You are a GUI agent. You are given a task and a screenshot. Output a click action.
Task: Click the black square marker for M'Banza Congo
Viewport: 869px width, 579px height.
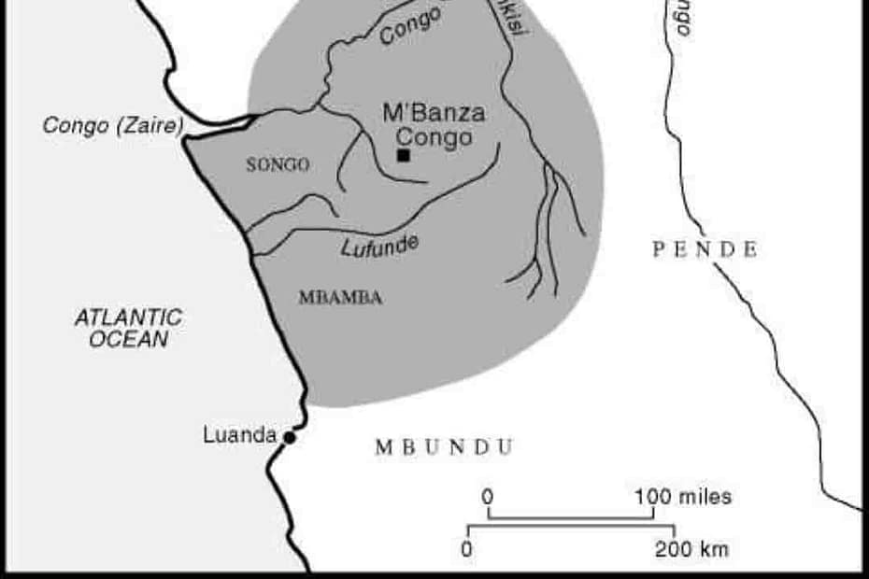point(404,155)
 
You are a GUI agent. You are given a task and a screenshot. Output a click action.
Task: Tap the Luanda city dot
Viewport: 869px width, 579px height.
point(290,437)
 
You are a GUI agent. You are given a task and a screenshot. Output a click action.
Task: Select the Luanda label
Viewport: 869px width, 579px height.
point(239,435)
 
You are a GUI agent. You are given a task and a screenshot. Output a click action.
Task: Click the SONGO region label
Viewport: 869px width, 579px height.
point(278,165)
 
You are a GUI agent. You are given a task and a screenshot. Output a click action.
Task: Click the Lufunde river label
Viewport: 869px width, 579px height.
point(379,246)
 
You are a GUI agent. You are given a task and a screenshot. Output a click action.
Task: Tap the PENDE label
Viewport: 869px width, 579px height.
point(705,249)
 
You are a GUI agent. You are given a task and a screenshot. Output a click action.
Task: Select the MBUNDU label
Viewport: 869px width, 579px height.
point(444,447)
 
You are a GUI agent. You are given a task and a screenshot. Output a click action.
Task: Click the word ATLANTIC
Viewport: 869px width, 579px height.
point(129,318)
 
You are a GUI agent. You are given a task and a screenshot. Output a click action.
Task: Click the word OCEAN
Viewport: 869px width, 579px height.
point(129,339)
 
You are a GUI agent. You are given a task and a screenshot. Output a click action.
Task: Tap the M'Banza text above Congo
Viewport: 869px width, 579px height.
point(434,114)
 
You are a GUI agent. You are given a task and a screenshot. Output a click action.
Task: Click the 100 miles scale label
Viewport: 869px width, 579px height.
point(682,496)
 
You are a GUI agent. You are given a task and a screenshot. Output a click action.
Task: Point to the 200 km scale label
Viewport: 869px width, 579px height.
point(691,549)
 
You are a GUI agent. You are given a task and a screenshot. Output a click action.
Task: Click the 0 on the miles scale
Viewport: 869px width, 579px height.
point(487,496)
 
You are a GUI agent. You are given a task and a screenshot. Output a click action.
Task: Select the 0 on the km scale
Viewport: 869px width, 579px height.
point(466,549)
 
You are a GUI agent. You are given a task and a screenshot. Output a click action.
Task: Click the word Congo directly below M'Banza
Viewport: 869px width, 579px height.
point(434,137)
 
